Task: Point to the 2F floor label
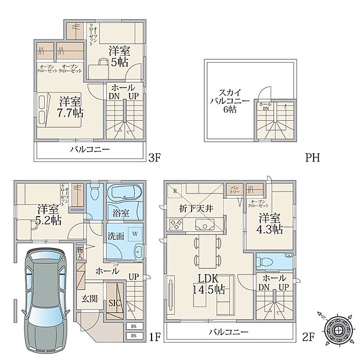click(305, 336)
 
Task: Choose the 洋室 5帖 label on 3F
click(118, 57)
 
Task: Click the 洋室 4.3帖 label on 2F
click(270, 224)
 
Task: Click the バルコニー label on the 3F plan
click(87, 150)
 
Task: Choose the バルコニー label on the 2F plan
click(229, 332)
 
